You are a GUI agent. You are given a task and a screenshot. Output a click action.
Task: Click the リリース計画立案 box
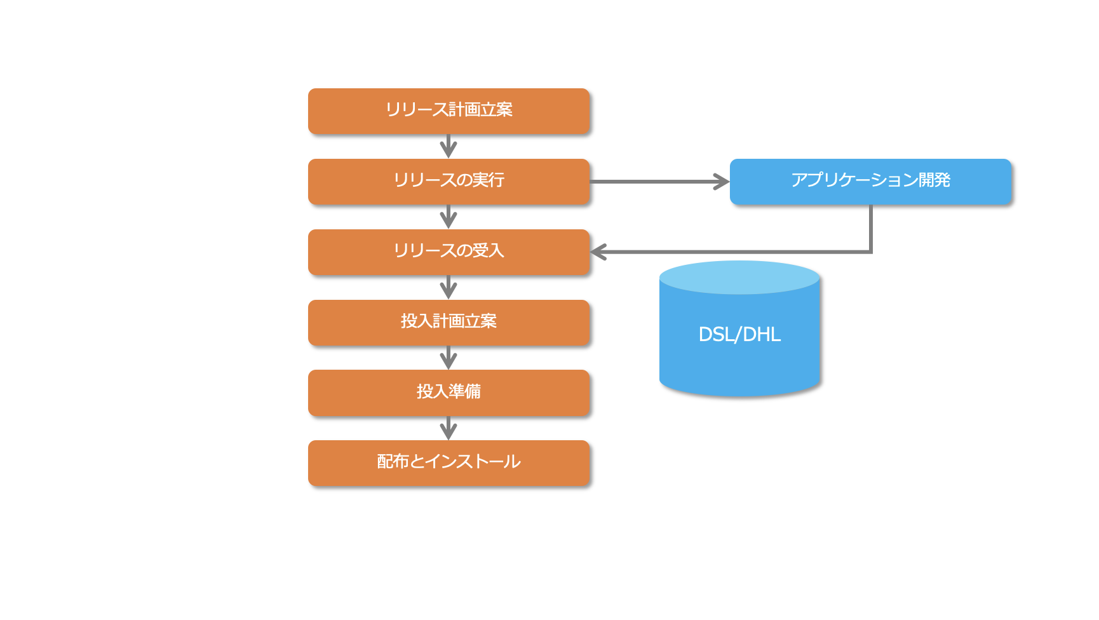(448, 111)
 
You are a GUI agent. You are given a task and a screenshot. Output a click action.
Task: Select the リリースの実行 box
(448, 182)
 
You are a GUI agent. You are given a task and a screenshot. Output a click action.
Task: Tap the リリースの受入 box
(448, 252)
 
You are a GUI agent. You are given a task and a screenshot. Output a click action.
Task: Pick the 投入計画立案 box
(448, 323)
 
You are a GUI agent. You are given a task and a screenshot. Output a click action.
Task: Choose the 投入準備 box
(448, 393)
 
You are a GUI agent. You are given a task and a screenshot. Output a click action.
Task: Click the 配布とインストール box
(448, 463)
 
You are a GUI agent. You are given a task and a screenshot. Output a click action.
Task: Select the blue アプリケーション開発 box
(870, 182)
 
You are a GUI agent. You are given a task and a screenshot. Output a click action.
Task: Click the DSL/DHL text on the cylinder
(739, 335)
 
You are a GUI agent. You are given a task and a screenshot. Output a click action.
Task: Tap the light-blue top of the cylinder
(739, 278)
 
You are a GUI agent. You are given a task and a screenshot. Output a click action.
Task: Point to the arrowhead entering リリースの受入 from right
(598, 252)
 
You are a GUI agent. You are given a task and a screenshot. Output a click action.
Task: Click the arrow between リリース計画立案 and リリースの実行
(448, 147)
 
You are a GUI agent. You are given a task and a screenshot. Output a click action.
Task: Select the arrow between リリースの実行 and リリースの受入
(448, 217)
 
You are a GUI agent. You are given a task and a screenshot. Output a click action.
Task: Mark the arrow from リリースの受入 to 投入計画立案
(448, 288)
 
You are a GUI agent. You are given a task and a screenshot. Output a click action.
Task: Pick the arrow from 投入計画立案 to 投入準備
(448, 358)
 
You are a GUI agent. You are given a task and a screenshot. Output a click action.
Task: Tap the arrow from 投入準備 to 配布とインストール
(448, 429)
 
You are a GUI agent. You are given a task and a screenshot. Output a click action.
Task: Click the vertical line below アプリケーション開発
(870, 227)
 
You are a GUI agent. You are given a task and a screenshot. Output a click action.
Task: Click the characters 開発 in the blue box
(934, 180)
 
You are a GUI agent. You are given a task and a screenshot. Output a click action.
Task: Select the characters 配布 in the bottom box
(393, 462)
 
